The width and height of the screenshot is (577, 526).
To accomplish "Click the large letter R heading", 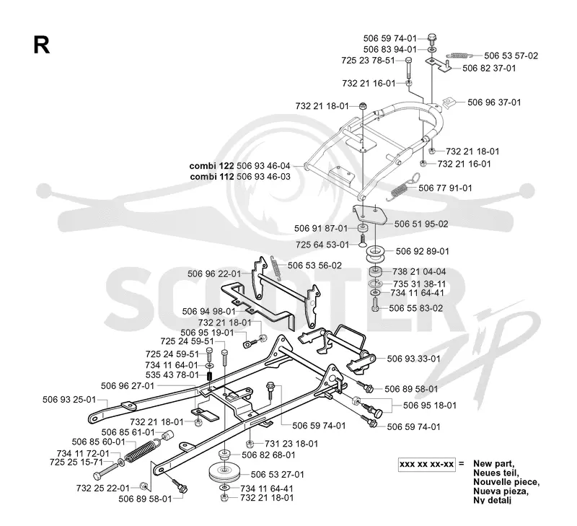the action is [41, 45].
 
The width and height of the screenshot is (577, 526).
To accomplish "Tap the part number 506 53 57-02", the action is [511, 56].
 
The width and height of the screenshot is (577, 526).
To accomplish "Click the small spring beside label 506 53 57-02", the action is [459, 56].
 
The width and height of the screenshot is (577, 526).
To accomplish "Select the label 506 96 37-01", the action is [494, 102].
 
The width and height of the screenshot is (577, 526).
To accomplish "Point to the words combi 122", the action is [211, 166].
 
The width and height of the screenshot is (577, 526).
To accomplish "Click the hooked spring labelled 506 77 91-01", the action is [401, 188].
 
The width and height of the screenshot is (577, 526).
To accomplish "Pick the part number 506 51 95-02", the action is [421, 224].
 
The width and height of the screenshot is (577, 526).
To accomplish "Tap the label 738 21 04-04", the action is [419, 271].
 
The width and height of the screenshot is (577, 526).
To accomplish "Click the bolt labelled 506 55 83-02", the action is [375, 304].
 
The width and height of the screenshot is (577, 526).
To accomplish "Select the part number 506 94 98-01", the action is [208, 312].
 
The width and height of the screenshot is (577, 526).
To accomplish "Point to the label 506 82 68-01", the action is [268, 455].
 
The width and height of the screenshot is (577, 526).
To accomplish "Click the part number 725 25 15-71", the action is [76, 462].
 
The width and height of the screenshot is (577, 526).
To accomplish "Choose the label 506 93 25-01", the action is [69, 400].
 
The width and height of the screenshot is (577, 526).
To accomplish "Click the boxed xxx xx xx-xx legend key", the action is [427, 464].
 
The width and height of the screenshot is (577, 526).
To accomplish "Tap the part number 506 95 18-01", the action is [430, 406].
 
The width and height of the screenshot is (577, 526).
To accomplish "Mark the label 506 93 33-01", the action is [413, 359].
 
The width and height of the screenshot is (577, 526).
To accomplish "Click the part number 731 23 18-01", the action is [291, 444].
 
